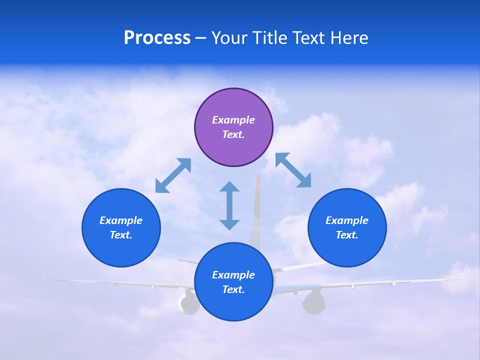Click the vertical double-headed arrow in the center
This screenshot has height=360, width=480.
[229, 205]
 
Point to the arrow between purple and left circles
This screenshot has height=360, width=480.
[173, 175]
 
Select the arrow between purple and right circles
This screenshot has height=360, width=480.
[293, 170]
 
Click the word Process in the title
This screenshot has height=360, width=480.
[157, 37]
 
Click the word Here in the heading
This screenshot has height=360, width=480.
[349, 37]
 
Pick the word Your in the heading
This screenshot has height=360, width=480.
[230, 37]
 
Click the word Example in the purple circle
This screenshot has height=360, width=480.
[233, 120]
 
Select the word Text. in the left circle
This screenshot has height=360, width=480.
[121, 235]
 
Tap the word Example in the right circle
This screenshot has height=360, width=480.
[347, 220]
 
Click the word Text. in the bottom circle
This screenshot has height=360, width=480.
[233, 289]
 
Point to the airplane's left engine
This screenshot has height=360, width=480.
[188, 303]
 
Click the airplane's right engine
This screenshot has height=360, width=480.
[313, 303]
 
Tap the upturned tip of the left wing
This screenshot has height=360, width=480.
[44, 271]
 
